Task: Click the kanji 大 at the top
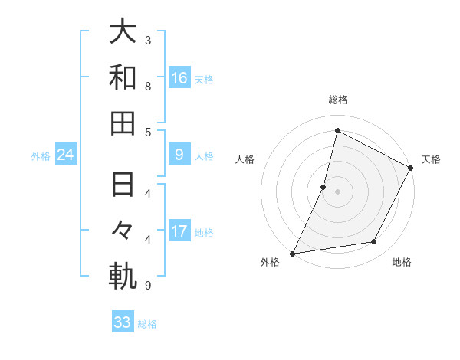click(123, 31)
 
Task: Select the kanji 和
click(123, 77)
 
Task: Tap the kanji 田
click(123, 123)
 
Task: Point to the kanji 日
click(123, 185)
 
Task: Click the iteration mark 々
click(123, 231)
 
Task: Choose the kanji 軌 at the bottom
click(123, 277)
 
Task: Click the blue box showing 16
click(179, 78)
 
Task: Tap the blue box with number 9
click(179, 155)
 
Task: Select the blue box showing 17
click(179, 232)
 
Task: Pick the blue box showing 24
click(65, 155)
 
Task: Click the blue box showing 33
click(123, 322)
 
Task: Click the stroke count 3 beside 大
click(148, 40)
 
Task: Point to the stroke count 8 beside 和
click(148, 86)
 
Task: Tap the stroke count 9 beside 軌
click(148, 286)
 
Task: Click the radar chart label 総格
click(337, 100)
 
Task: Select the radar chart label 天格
click(431, 159)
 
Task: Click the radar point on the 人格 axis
click(324, 187)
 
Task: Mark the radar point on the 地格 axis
click(374, 242)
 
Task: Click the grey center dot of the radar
click(337, 191)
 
